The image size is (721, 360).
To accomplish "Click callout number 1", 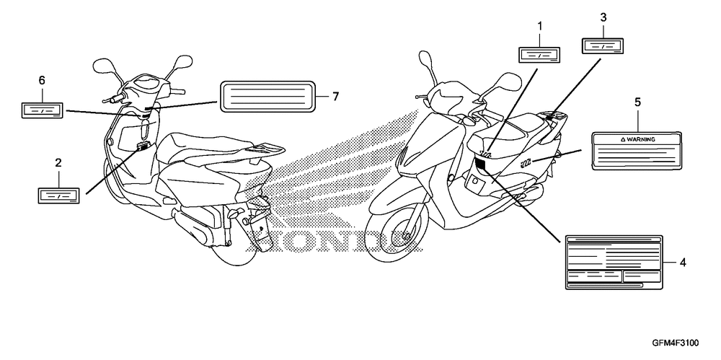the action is [539, 27].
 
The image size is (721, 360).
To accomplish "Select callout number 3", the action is [603, 17].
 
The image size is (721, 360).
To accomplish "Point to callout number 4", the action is [682, 263].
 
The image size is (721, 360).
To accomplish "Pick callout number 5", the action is [637, 103].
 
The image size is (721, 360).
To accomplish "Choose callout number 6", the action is [42, 80].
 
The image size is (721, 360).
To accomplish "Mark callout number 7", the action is [335, 96].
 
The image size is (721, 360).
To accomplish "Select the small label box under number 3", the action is [603, 45].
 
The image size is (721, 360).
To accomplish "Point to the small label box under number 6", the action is [43, 110].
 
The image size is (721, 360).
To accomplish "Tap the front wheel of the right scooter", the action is [395, 237].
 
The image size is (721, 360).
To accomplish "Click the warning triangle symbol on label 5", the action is [621, 139].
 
